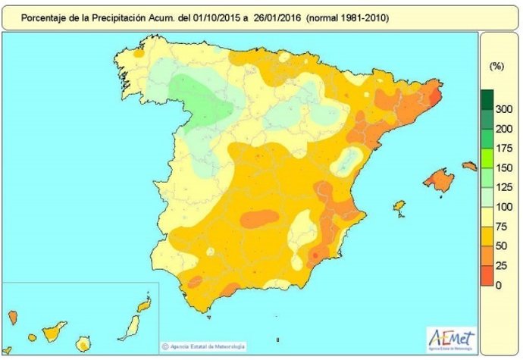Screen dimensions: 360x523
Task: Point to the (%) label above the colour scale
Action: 496,67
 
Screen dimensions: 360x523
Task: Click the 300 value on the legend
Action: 503,110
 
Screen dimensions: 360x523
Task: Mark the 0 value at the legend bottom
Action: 498,285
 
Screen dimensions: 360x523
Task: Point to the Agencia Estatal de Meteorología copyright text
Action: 204,347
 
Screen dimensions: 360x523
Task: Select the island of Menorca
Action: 470,165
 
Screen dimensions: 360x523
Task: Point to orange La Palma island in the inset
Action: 13,316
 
